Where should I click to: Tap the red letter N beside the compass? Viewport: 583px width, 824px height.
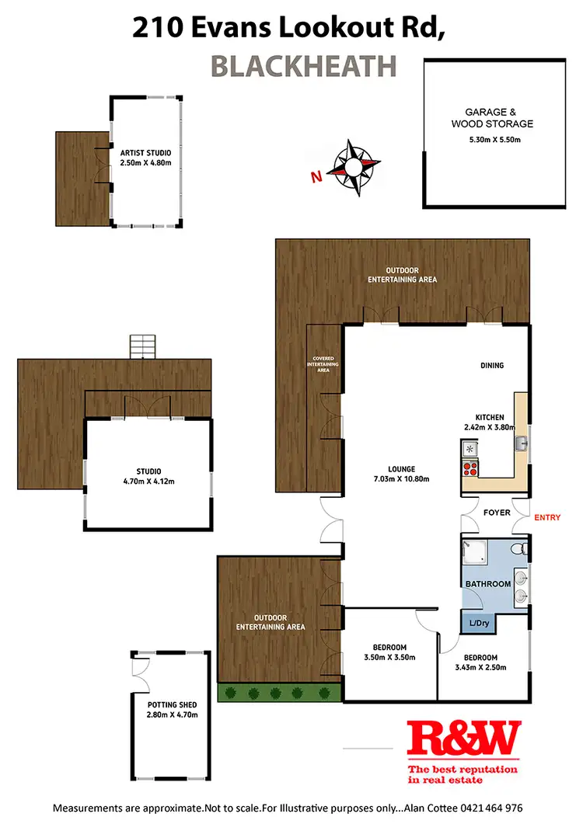pos(316,177)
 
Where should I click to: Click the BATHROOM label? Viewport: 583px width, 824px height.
pos(488,584)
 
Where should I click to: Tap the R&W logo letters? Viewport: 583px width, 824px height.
pos(465,741)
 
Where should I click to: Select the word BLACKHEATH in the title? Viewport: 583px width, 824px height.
pos(305,67)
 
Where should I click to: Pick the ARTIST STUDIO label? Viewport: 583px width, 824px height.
pos(145,153)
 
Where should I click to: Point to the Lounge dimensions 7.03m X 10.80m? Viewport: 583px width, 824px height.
pos(403,479)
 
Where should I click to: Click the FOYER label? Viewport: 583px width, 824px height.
pos(496,513)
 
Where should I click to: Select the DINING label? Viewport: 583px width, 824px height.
pos(491,365)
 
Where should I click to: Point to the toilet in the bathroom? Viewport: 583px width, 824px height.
pos(525,550)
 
